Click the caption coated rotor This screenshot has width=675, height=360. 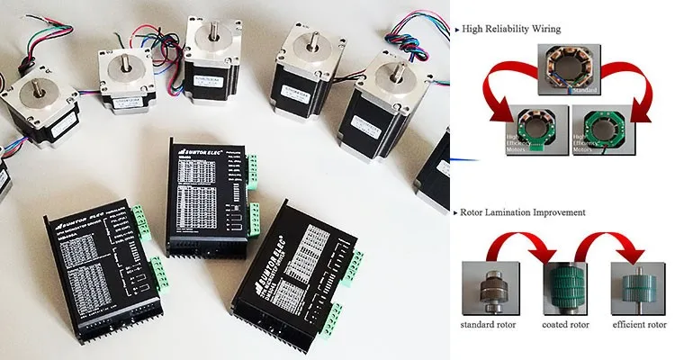tap(565, 323)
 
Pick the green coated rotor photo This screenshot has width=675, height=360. tap(564, 285)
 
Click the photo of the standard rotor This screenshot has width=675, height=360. tap(492, 285)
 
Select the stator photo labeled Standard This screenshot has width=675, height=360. tap(562, 70)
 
